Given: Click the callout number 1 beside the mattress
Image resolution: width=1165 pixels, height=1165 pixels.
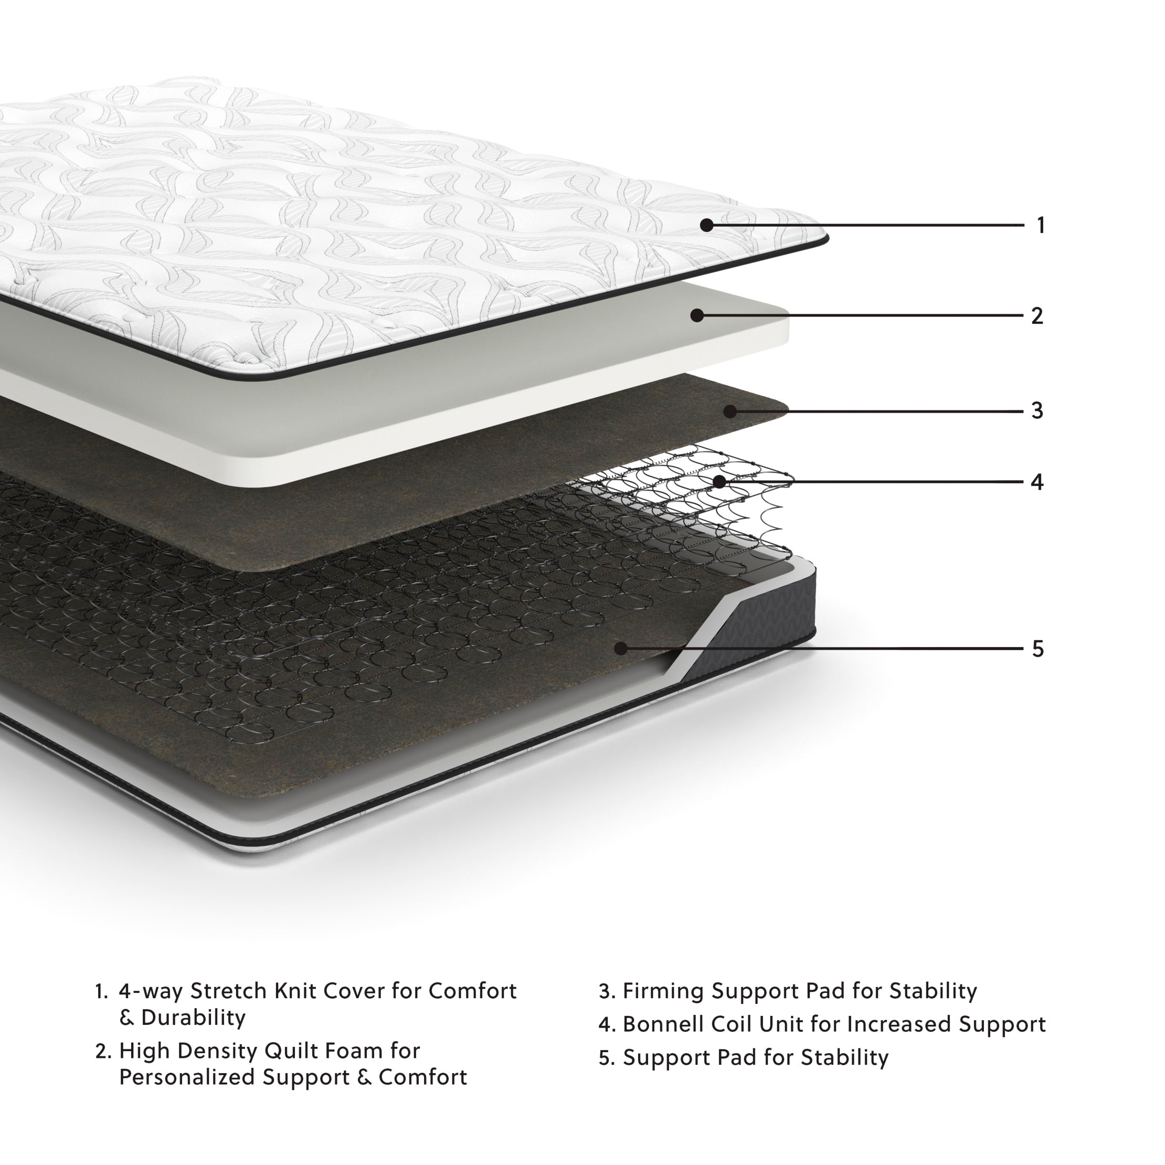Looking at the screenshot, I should coord(1041,226).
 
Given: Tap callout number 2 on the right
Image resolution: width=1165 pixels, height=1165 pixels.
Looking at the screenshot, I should coord(1037,316).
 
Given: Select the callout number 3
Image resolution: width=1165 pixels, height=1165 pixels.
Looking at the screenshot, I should coord(1037,411).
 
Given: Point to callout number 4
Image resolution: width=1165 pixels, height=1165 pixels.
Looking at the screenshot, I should coord(1037,482).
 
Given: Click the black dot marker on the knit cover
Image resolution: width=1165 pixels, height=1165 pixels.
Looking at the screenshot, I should coord(707,226).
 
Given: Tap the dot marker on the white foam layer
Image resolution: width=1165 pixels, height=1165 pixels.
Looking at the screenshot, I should coord(697,315).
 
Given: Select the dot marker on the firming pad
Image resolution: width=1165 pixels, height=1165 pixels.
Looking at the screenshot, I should coord(730,411).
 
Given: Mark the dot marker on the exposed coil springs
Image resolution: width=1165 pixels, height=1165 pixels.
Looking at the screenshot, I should coord(719,481).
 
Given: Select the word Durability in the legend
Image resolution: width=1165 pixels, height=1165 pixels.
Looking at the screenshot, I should coord(193,1018).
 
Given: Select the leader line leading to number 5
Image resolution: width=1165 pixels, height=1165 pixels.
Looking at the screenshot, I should coord(844,649).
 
